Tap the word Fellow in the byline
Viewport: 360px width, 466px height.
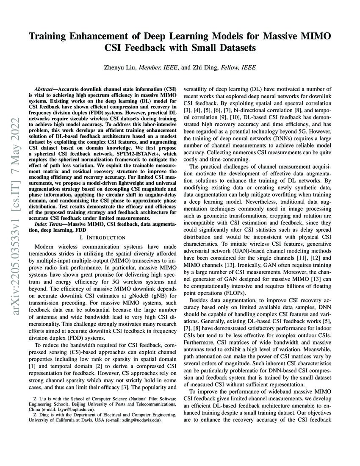pyautogui.click(x=232, y=67)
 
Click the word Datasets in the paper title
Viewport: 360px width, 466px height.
pyautogui.click(x=235, y=48)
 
